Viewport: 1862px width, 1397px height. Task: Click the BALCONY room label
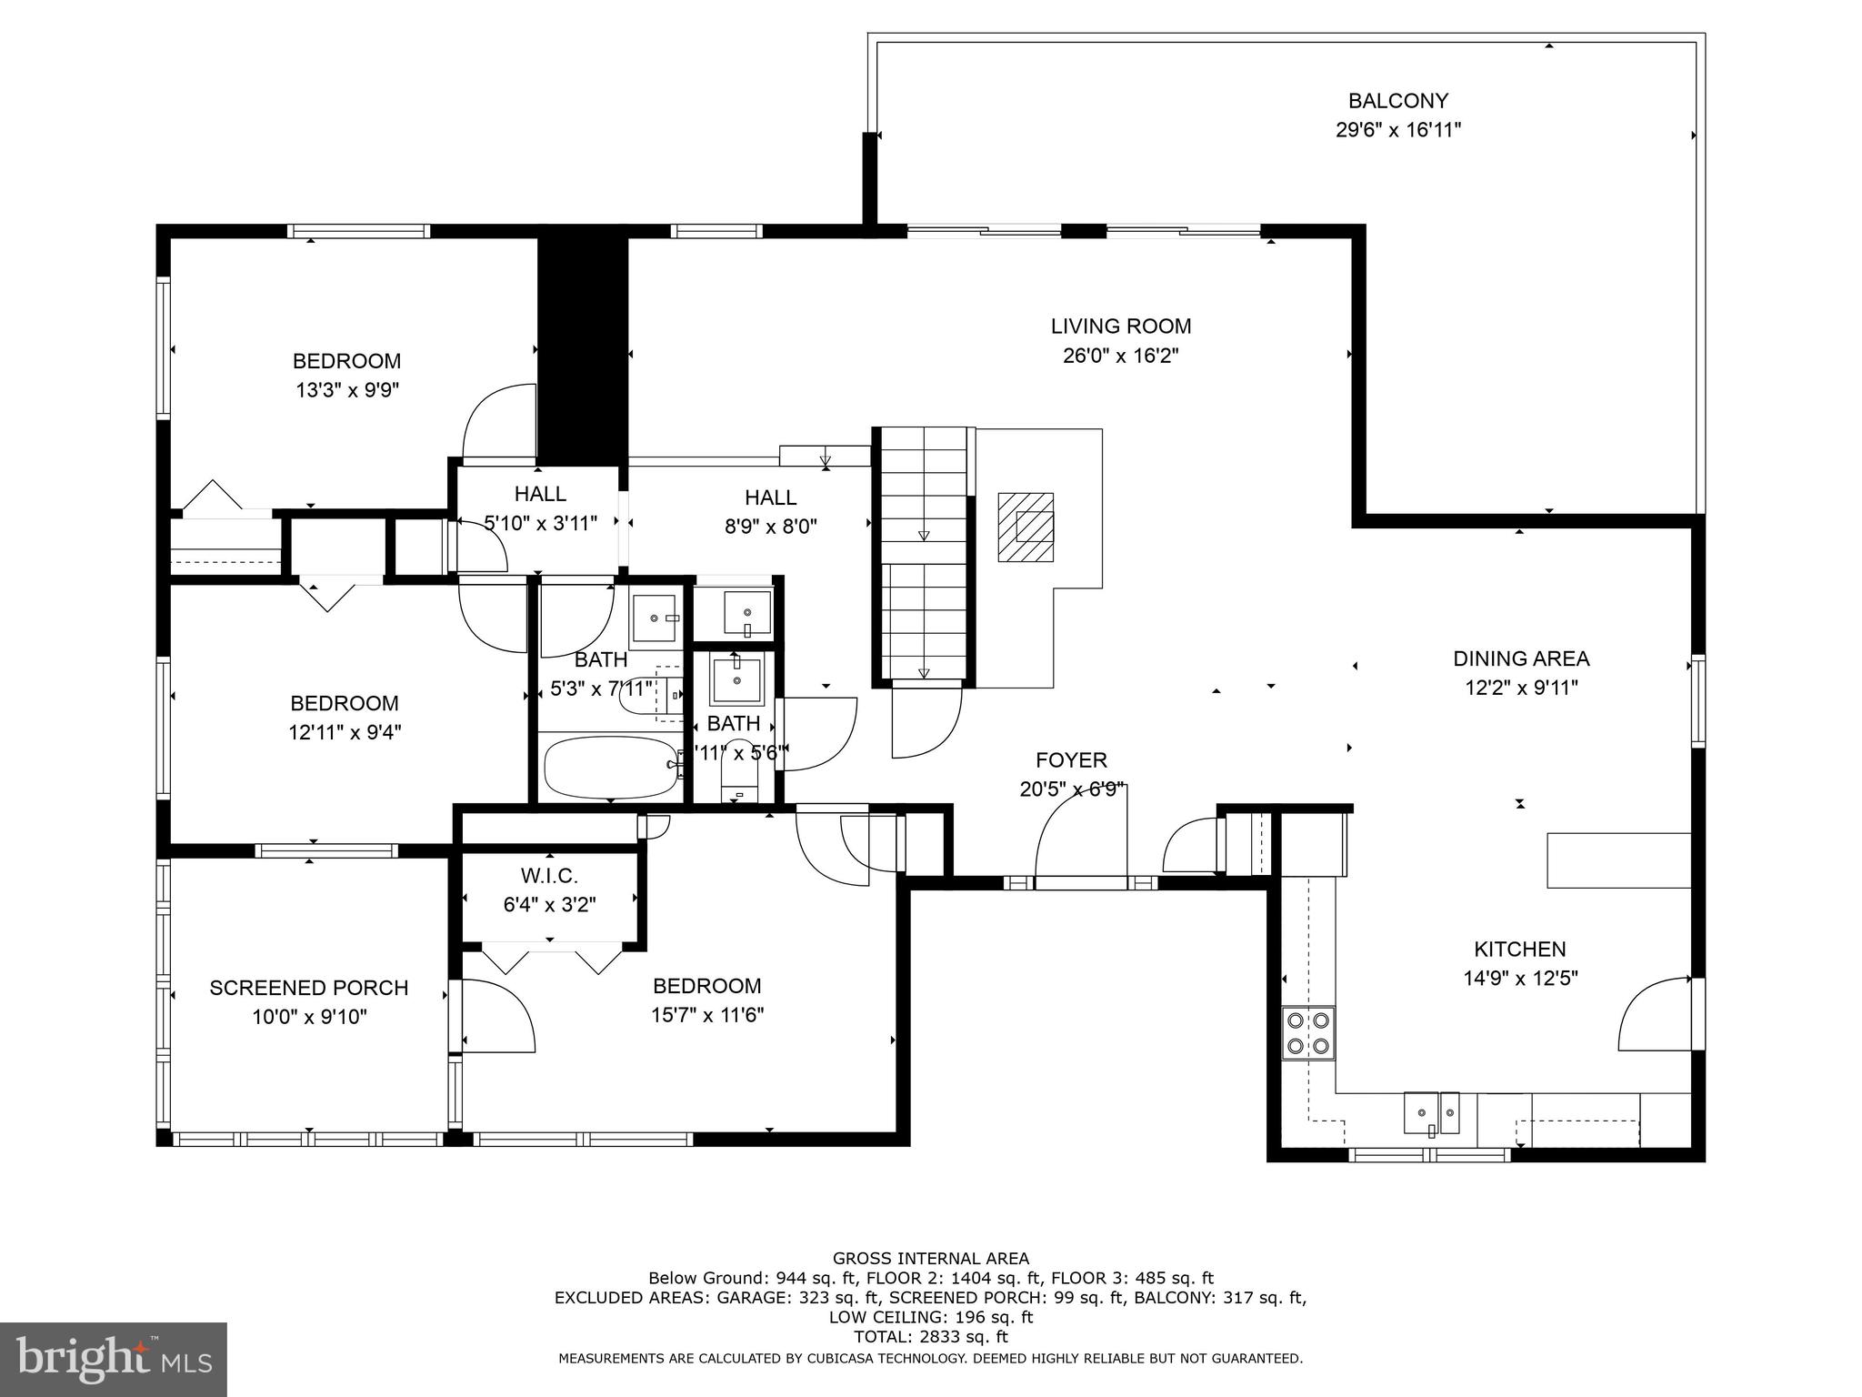(1397, 101)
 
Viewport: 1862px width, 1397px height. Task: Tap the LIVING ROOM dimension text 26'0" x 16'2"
(1120, 356)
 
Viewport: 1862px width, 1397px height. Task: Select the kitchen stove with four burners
(1308, 1033)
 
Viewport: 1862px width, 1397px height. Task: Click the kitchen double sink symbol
(1431, 1113)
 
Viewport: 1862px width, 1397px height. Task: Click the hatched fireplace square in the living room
(1026, 528)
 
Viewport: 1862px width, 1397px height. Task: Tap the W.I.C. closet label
(549, 876)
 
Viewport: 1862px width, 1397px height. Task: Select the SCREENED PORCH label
(308, 988)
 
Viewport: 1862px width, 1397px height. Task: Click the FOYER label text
(1071, 760)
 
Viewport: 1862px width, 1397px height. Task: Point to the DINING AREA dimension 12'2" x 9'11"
(1520, 688)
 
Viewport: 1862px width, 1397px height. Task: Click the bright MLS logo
(113, 1359)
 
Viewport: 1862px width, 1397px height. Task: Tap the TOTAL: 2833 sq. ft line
(930, 1337)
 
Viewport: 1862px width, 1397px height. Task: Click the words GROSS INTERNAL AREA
(930, 1259)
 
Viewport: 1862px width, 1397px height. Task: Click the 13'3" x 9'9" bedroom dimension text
(347, 390)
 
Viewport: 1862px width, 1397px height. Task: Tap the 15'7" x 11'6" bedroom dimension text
(706, 1015)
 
